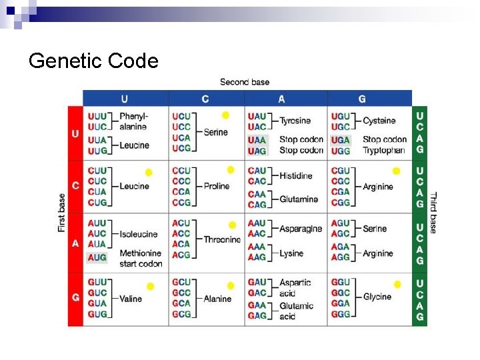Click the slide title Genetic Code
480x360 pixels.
pos(93,61)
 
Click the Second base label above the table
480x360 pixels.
pos(245,82)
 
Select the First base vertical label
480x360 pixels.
pos(62,213)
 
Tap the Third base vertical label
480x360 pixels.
pos(433,213)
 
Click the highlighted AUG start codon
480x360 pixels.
pos(97,257)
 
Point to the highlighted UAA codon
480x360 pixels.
pos(257,140)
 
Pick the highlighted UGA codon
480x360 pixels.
pos(340,140)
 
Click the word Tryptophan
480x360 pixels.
pos(383,151)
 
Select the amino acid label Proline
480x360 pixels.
pos(217,187)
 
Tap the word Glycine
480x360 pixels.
pos(377,297)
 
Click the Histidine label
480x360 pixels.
pos(296,176)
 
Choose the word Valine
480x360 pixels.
pos(131,299)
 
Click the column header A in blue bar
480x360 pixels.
pos(281,99)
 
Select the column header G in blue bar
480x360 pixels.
pos(362,99)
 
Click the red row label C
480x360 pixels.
pos(75,186)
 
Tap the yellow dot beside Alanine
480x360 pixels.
pos(230,286)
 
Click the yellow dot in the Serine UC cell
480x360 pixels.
pos(225,115)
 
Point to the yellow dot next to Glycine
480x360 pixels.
pos(397,285)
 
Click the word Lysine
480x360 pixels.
pos(292,253)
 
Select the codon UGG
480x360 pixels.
pos(340,151)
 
